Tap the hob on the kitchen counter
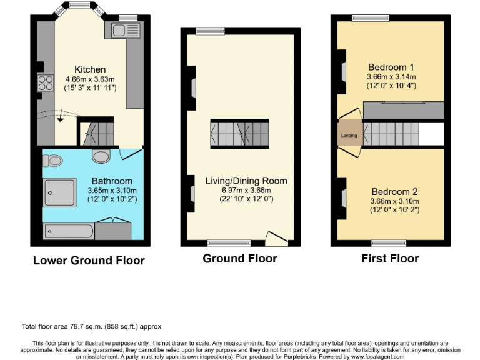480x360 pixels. pos(44,82)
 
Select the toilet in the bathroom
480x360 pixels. pos(55,161)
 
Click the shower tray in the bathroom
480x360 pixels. pos(59,192)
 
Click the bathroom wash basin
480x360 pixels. pos(101,154)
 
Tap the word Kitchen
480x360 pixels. pos(90,69)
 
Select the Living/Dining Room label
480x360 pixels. pos(246,181)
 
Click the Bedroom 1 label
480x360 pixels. pos(391,67)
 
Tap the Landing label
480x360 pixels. pos(349,135)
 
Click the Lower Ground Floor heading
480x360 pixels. pos(89,261)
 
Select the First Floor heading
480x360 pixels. pos(390,258)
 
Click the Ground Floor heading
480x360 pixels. pos(239,258)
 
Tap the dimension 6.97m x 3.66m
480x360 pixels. pos(246,190)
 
